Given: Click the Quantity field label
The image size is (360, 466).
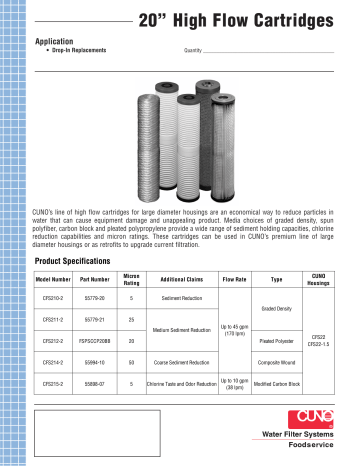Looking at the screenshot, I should tap(197, 50).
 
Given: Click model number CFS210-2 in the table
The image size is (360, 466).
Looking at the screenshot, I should tap(53, 299).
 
